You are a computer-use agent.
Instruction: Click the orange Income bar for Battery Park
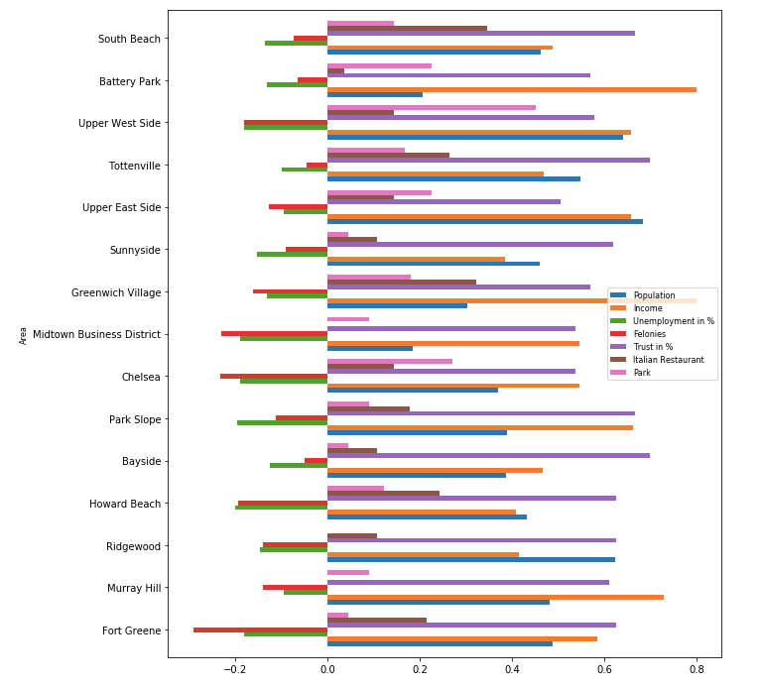click(511, 89)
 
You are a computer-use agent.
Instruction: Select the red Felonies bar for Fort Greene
click(260, 629)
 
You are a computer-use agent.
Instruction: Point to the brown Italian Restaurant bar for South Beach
click(407, 29)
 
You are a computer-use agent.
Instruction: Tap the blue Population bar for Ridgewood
click(470, 559)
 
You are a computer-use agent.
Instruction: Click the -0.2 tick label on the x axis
click(234, 670)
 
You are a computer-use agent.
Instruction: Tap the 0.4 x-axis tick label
click(512, 670)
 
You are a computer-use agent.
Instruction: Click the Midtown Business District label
click(96, 335)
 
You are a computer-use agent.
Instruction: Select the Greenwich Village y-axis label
click(116, 292)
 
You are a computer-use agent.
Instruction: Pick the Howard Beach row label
click(125, 504)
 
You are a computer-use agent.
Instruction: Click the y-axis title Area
click(23, 335)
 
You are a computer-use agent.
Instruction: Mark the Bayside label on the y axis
click(141, 462)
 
